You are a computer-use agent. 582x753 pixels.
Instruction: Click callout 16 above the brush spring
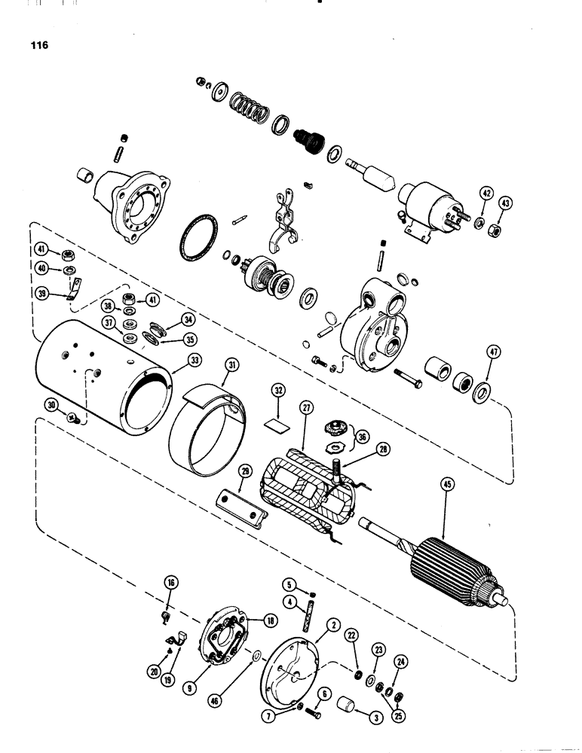[x=170, y=582]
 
